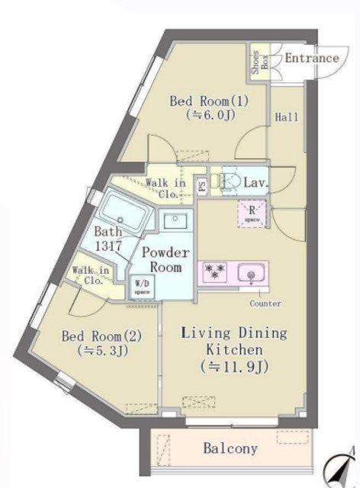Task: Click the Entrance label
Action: coord(311,58)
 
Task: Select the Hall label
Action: coord(288,117)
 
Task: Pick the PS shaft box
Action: coord(202,185)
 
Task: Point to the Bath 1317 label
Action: coord(108,238)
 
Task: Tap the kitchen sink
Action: coord(250,273)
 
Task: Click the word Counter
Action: coord(265,303)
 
